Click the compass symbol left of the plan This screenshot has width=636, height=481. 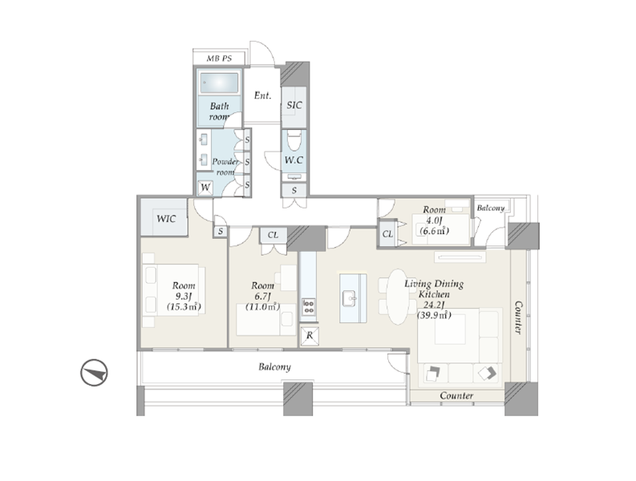[94, 372]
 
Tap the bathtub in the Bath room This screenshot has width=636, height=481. [219, 83]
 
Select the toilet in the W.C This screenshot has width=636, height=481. [294, 140]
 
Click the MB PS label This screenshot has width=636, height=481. [219, 59]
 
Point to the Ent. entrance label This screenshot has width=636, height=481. [262, 95]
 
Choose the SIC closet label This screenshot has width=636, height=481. [294, 106]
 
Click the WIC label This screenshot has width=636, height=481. [166, 219]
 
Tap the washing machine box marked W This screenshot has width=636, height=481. [205, 188]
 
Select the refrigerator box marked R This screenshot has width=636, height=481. [310, 336]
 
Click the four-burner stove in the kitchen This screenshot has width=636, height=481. [308, 306]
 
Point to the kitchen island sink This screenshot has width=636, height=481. [350, 299]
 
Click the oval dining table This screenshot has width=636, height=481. [398, 297]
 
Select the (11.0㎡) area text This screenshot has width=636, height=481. [262, 306]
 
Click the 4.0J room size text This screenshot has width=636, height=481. [434, 220]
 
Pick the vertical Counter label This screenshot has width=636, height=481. [518, 317]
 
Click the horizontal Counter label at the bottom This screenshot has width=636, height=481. [456, 395]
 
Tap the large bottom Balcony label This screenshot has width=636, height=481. [274, 367]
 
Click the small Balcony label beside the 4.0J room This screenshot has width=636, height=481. [490, 208]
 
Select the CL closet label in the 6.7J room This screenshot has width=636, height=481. [273, 235]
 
